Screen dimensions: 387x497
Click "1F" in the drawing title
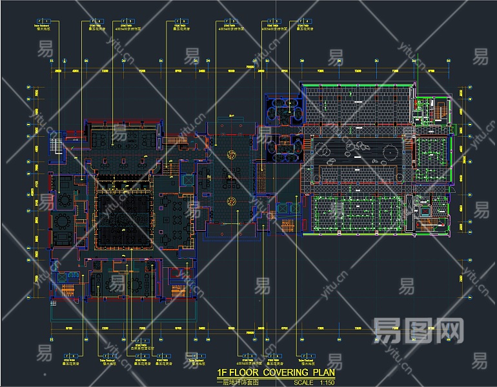(223, 372)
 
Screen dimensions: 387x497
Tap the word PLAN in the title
(323, 372)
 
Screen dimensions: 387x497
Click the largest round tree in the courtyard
(391, 152)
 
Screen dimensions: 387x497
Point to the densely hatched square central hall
(124, 219)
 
